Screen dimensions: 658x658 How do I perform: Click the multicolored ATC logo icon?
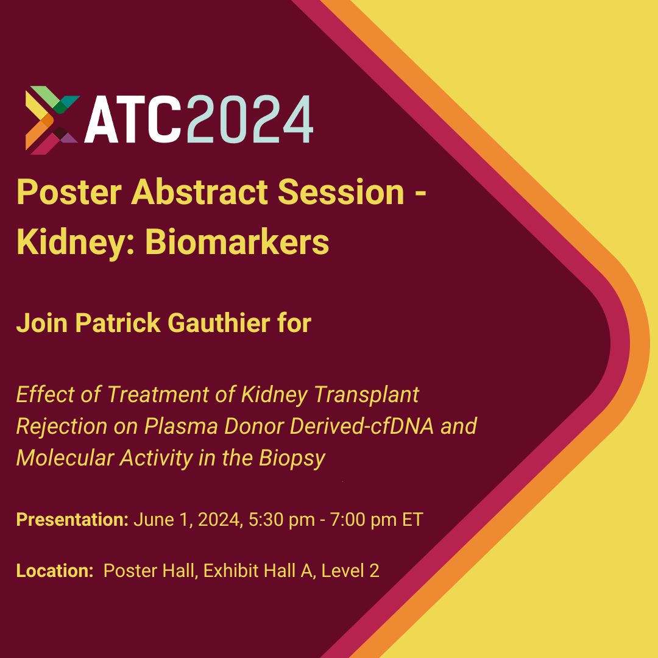[52, 120]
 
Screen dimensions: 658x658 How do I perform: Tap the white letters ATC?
[133, 120]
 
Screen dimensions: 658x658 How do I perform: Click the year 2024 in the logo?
[249, 120]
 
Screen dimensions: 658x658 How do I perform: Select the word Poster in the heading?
[69, 192]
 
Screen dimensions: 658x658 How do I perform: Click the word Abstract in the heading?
[199, 192]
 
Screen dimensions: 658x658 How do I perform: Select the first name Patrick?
[118, 323]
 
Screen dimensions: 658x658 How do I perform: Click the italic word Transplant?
[366, 395]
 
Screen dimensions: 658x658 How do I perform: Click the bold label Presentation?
[72, 520]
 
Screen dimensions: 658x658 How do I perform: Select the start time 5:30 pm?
[281, 520]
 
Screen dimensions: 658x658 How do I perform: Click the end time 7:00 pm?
[364, 520]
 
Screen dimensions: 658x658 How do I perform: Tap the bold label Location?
[55, 571]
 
